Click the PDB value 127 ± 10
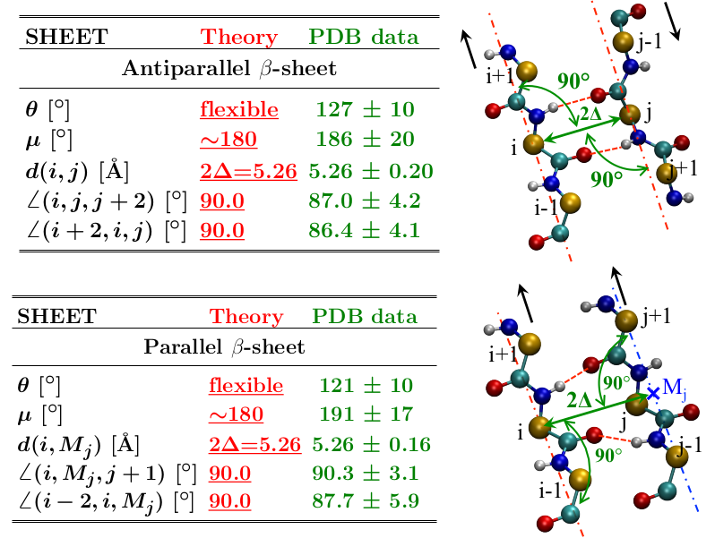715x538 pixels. coord(364,110)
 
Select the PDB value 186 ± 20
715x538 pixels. coord(364,141)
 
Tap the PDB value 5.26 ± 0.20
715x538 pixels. coord(371,171)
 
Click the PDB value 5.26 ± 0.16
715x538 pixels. coord(371,444)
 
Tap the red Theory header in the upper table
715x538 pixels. coord(239,38)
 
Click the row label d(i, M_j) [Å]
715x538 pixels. coord(82,444)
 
